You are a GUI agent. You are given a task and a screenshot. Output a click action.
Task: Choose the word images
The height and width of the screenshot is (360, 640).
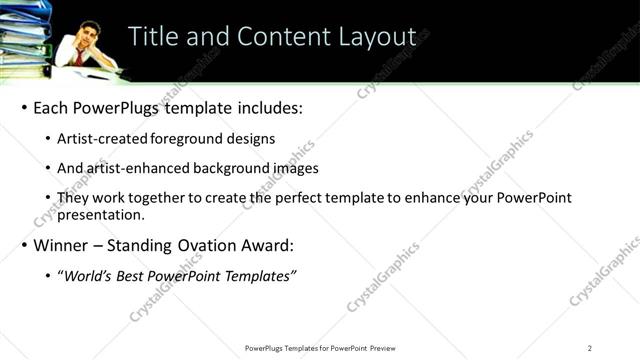click(x=291, y=168)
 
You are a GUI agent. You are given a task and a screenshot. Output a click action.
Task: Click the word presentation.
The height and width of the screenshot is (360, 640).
click(x=100, y=213)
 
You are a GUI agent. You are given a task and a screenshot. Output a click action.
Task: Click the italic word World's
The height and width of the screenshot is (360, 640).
click(x=86, y=275)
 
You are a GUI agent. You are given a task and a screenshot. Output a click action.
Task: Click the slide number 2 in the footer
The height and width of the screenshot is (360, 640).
click(x=590, y=347)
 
